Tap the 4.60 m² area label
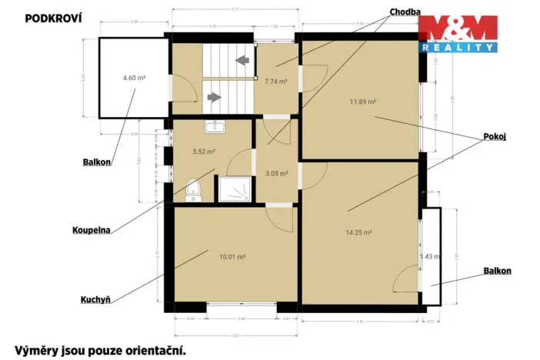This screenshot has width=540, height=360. point(135,78)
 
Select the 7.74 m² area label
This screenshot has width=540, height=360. point(276,81)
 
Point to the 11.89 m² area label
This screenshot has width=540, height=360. point(362,102)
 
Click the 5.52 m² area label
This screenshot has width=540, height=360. point(204,152)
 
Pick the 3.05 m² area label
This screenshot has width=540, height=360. point(276,173)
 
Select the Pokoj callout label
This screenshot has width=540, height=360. point(495,137)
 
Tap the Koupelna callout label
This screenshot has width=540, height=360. point(92,228)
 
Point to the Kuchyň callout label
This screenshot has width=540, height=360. point(97,299)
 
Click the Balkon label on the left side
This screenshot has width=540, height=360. point(97,162)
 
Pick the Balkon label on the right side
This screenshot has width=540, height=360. point(497,271)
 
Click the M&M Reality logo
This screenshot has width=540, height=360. point(457,34)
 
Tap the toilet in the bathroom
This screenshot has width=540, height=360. point(192,191)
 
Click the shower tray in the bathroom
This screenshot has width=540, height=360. point(234,188)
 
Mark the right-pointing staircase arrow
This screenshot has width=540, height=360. point(215,98)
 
